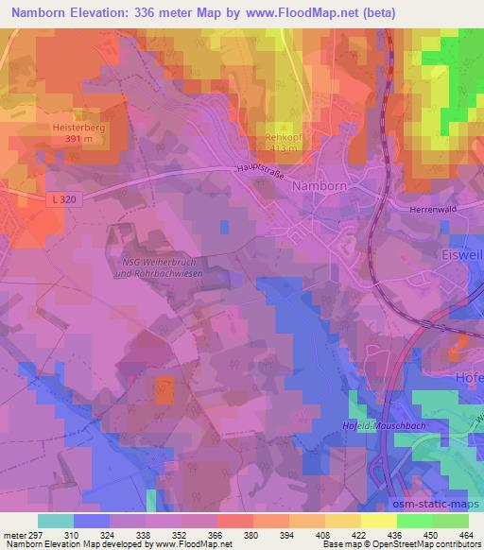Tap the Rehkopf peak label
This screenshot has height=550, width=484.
(x=282, y=136)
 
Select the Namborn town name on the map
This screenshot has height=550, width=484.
(x=320, y=187)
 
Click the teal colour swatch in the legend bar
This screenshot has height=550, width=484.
(x=56, y=521)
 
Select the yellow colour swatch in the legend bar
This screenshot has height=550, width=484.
(x=379, y=521)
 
